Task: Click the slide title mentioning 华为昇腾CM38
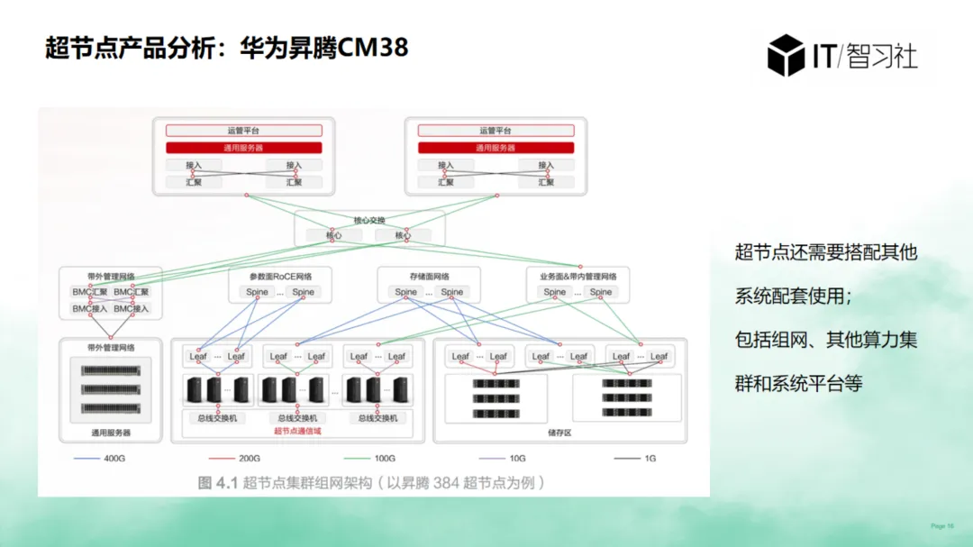[227, 47]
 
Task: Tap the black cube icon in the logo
[785, 55]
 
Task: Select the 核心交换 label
[369, 220]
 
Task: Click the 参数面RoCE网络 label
[280, 277]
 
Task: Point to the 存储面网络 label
[429, 277]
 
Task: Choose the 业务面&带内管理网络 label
[577, 277]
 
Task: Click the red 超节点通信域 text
[297, 432]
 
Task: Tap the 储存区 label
[559, 433]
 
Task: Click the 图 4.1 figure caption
[372, 483]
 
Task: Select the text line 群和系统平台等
[798, 383]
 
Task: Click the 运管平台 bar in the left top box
[243, 131]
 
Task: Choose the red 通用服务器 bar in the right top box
[496, 147]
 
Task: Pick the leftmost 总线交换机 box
[217, 418]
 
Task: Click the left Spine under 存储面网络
[406, 292]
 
